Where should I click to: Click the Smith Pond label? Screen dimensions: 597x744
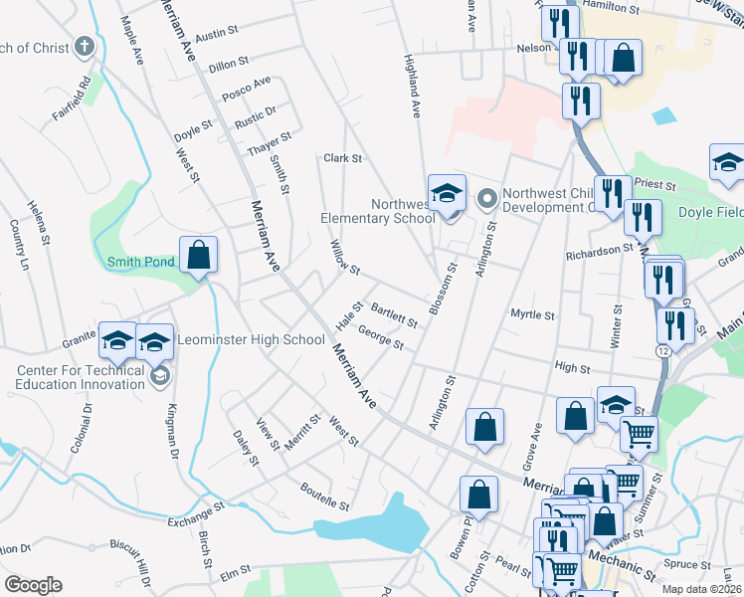tap(141, 263)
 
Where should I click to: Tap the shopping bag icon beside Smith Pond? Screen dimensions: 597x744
tap(199, 255)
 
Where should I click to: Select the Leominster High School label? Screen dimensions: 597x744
tap(251, 340)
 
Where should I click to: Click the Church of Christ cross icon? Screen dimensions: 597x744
tap(85, 47)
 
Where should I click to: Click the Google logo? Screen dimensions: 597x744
tap(33, 584)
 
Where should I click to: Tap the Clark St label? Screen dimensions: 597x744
tap(342, 158)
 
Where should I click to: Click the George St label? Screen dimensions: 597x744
tap(380, 338)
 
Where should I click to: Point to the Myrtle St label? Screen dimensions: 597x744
tap(532, 315)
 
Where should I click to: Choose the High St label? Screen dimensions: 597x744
tap(572, 368)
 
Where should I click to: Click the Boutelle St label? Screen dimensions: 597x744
tap(325, 496)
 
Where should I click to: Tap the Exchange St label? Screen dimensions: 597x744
tap(196, 515)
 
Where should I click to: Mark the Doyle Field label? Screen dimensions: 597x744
tap(710, 212)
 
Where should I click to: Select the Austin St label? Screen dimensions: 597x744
tap(217, 35)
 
